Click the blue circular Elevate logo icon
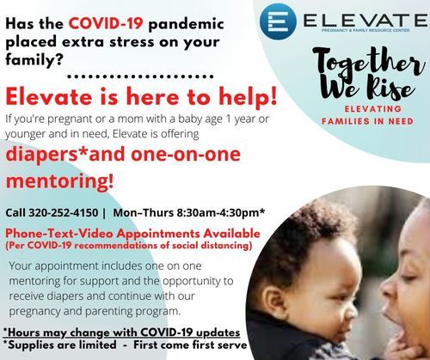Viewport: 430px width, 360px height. [x=278, y=21]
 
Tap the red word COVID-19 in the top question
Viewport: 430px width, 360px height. [x=106, y=23]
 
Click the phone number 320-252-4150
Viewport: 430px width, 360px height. [x=64, y=213]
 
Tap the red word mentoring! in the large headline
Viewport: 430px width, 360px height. [x=59, y=181]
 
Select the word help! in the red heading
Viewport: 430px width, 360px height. [x=249, y=97]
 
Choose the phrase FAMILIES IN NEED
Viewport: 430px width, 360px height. [x=367, y=121]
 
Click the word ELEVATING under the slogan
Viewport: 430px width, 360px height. [x=373, y=109]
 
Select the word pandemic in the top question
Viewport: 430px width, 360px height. [x=186, y=23]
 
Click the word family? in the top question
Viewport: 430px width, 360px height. [x=34, y=59]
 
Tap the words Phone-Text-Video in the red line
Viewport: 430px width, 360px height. [x=59, y=234]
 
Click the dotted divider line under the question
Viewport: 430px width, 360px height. [x=140, y=76]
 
